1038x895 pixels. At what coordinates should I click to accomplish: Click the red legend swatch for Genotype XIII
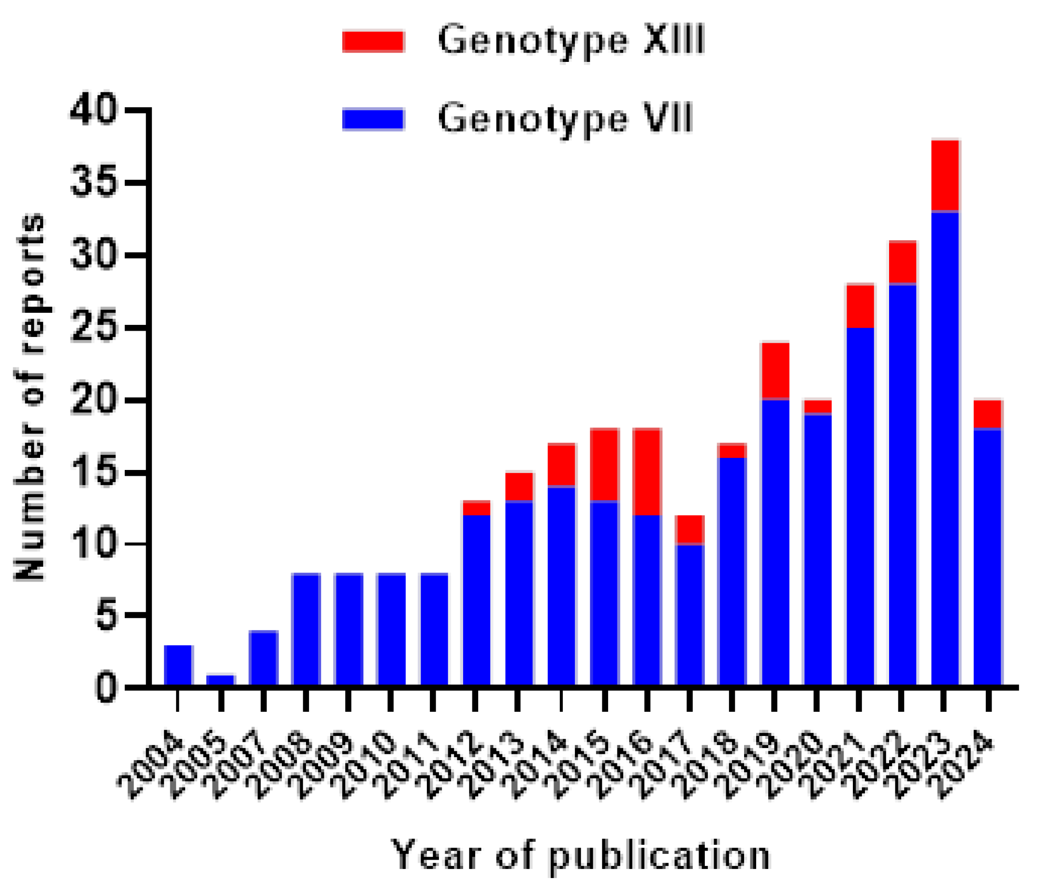pyautogui.click(x=373, y=41)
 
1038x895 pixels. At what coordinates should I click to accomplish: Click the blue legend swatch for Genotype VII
pyautogui.click(x=373, y=119)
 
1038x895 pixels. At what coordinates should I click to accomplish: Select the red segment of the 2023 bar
pyautogui.click(x=945, y=176)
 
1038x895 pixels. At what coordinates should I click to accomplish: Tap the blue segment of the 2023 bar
pyautogui.click(x=945, y=446)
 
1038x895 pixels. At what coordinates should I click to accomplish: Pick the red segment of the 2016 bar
pyautogui.click(x=647, y=471)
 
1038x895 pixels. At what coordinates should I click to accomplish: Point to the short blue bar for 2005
pyautogui.click(x=220, y=679)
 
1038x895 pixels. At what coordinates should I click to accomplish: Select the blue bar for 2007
pyautogui.click(x=263, y=658)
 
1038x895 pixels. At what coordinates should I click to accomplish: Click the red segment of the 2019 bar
pyautogui.click(x=775, y=371)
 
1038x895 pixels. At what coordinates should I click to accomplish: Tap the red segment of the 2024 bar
pyautogui.click(x=987, y=414)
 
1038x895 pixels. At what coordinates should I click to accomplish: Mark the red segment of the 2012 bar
pyautogui.click(x=476, y=508)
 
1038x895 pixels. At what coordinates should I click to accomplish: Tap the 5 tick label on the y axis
pyautogui.click(x=107, y=616)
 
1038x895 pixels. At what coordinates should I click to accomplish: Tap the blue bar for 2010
pyautogui.click(x=391, y=629)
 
